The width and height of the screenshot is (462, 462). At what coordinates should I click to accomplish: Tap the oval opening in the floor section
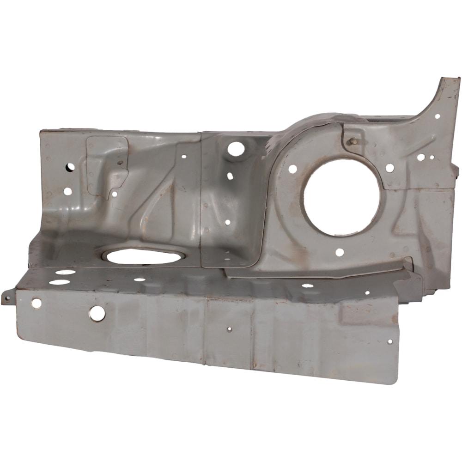point(145,256)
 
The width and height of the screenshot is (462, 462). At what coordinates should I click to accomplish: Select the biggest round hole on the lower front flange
point(97,313)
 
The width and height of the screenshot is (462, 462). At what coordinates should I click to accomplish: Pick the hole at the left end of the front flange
point(36,303)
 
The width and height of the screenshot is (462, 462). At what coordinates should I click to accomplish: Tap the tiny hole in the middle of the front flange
point(229,329)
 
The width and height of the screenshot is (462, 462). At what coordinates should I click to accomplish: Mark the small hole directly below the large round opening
point(340,252)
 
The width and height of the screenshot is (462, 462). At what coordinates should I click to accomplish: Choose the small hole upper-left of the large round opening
point(292,169)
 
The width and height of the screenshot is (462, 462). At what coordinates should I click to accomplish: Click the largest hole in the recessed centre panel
point(236,148)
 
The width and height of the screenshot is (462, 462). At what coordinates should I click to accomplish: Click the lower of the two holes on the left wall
point(67,191)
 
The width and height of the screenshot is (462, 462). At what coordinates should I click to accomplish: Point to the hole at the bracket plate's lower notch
point(114,194)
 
